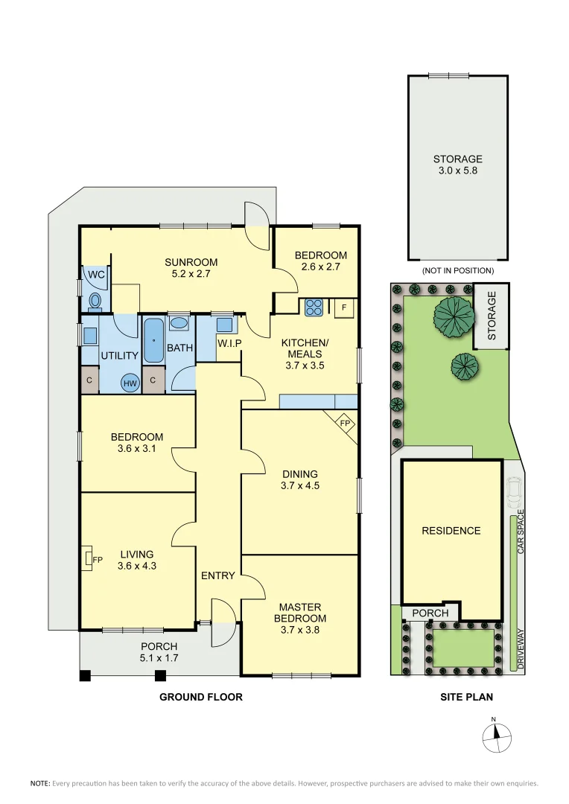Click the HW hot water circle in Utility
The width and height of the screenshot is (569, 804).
coord(130,383)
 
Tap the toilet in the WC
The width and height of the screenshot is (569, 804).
coord(95,300)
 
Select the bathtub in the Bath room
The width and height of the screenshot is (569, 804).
coord(153,340)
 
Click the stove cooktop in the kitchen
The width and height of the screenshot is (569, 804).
coord(311,307)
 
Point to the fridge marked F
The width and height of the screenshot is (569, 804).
coord(344,307)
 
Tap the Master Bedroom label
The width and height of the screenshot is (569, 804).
coord(300,613)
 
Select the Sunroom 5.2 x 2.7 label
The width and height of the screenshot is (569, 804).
coord(191,267)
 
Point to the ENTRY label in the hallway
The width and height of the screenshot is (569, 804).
coord(217,575)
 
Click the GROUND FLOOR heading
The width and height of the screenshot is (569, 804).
coord(201,698)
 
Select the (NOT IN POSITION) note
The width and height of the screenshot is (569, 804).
coord(457,270)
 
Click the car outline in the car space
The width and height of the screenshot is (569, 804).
coord(513,491)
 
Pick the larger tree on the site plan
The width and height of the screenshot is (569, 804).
coord(454,316)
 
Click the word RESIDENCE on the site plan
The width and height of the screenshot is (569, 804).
coord(451,531)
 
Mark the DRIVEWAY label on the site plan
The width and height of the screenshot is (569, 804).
coord(521,649)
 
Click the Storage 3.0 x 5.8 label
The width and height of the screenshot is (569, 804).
coord(457,165)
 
